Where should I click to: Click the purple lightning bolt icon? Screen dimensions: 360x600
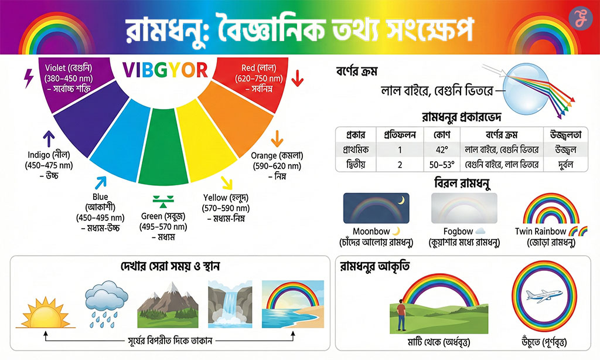pos(28,78)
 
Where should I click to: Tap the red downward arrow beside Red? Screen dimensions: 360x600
pos(297,77)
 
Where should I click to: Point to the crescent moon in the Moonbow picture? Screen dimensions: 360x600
pos(401,201)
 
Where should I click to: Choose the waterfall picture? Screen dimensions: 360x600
pos(229,304)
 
